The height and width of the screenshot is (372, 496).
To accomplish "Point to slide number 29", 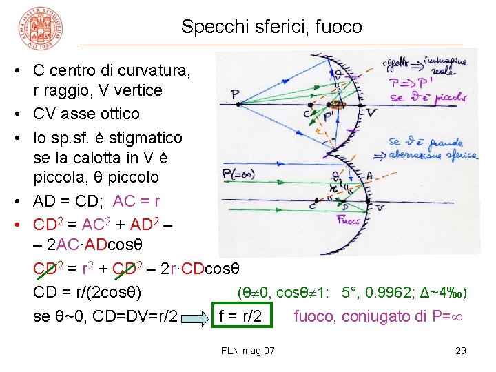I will pos(461,351).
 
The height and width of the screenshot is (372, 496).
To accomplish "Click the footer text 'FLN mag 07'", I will pos(248,351).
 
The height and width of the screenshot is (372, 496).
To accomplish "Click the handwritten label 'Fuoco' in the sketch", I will pos(349,220).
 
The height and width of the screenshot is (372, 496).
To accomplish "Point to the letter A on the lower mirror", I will pos(369,176).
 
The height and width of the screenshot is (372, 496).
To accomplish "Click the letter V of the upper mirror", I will pos(371,112).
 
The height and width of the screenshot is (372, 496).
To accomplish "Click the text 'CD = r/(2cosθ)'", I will pos(87,293).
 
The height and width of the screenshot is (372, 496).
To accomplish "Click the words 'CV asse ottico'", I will pos(86,114).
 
